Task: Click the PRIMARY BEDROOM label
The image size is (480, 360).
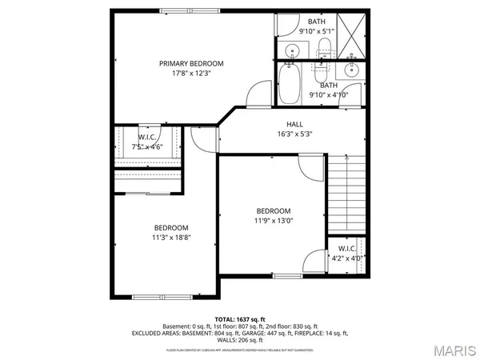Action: [191, 63]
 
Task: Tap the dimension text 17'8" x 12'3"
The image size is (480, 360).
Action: [191, 74]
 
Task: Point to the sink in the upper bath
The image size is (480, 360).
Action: [292, 52]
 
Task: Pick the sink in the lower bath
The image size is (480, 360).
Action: [351, 70]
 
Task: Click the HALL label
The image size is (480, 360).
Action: [294, 124]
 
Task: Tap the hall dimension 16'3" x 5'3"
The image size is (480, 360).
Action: [294, 134]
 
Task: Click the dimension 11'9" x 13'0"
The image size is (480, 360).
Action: [274, 221]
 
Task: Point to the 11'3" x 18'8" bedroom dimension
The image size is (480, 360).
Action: [172, 237]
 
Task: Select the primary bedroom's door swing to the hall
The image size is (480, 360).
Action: [258, 94]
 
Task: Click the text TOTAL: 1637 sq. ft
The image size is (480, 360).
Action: [239, 318]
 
